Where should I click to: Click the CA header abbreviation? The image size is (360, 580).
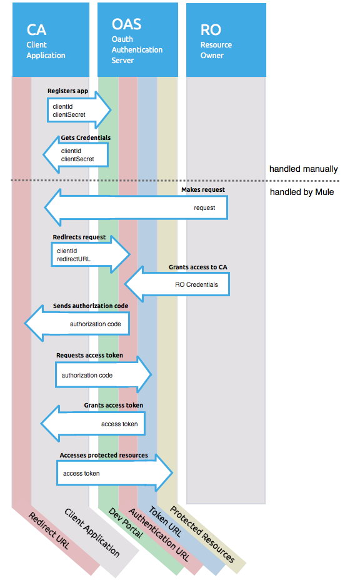(36, 30)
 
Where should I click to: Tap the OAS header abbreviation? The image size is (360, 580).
(126, 24)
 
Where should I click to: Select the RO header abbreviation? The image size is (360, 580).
(211, 30)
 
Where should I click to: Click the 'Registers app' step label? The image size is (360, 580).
(67, 91)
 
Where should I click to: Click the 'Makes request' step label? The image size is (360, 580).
(203, 189)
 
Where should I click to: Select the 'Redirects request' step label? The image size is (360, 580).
(79, 238)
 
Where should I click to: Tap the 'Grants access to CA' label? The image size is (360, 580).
(197, 267)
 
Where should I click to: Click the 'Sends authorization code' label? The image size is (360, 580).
(91, 306)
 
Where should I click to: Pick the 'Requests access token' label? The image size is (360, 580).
(89, 355)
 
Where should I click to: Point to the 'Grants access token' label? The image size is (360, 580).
(113, 405)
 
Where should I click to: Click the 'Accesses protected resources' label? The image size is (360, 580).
(104, 455)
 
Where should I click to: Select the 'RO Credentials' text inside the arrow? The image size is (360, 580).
(197, 284)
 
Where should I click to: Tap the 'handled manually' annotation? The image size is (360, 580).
(303, 169)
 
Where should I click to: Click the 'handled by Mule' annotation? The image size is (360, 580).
(302, 192)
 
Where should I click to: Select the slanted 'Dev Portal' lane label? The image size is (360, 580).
(126, 524)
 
